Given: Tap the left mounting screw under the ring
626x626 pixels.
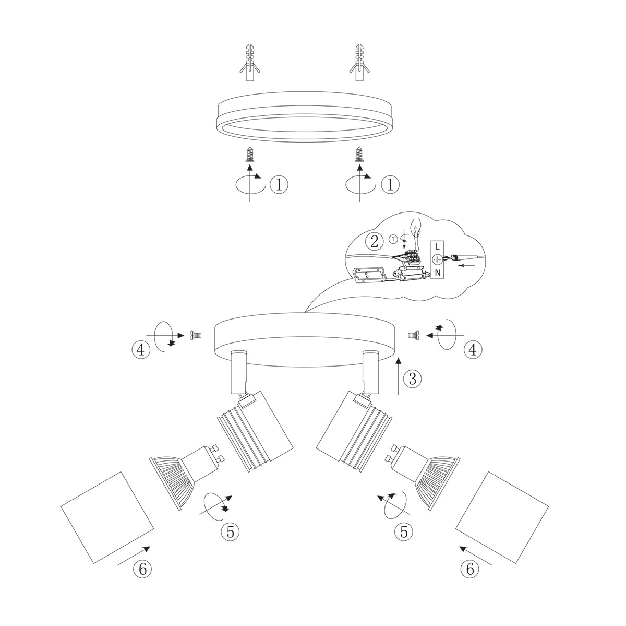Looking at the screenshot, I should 250,155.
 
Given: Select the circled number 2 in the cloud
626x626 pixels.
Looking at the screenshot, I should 374,241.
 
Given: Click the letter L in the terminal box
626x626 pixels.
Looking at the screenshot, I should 437,245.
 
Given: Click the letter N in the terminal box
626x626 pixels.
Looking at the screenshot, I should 437,273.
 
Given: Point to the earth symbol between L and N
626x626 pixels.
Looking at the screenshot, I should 437,258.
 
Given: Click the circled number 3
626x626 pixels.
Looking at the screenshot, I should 413,379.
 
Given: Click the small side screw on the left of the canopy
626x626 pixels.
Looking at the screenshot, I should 197,335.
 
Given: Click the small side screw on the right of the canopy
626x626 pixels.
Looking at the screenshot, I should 414,336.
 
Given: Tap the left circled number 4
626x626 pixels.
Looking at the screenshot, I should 140,349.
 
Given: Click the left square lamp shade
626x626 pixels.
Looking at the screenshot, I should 107,517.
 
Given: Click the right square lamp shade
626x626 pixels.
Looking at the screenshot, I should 502,517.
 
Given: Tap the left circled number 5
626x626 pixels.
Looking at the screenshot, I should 230,531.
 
